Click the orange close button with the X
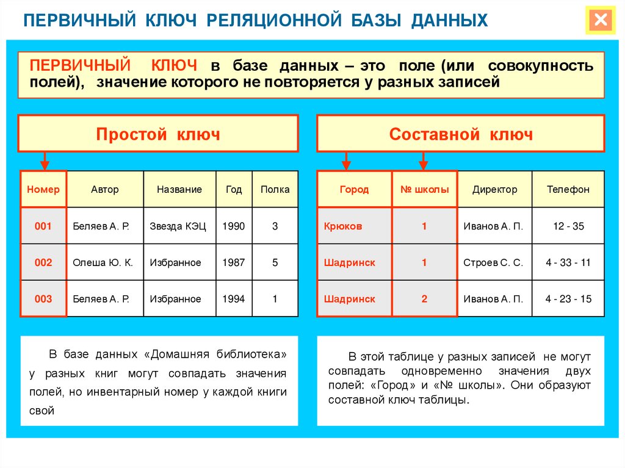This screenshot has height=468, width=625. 601,20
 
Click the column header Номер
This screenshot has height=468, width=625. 43,189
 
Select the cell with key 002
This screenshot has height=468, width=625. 43,262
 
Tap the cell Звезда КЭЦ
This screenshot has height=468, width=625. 179,226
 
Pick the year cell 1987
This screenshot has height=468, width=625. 234,262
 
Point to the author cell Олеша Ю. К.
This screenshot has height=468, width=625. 105,262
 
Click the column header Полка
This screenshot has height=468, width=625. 275,189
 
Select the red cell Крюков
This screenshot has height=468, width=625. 355,226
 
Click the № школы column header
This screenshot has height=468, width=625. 425,189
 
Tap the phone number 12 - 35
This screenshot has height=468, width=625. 568,226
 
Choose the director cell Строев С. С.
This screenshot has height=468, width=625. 494,262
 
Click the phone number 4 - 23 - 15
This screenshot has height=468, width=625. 568,298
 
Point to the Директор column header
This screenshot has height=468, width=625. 494,189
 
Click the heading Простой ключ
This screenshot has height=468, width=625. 158,134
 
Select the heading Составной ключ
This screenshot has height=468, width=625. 461,134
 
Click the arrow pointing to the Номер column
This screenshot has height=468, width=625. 45,161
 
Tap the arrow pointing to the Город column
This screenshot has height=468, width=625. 346,161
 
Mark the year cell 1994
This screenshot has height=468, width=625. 234,298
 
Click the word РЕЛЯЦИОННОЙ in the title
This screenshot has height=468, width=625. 274,20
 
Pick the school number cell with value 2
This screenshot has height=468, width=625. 425,298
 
